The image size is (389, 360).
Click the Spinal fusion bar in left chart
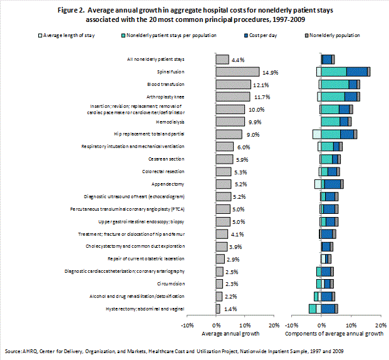coord(237,72)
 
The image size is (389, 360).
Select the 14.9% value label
coord(271,72)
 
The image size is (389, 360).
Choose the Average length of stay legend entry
coord(62,35)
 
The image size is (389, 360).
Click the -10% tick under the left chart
coord(187,325)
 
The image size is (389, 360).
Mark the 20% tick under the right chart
coord(380,325)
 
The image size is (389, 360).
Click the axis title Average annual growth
coord(229,334)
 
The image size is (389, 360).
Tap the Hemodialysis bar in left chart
coord(230,122)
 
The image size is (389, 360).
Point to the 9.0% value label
coord(252,134)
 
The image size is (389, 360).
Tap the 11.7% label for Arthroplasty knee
coord(261,97)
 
